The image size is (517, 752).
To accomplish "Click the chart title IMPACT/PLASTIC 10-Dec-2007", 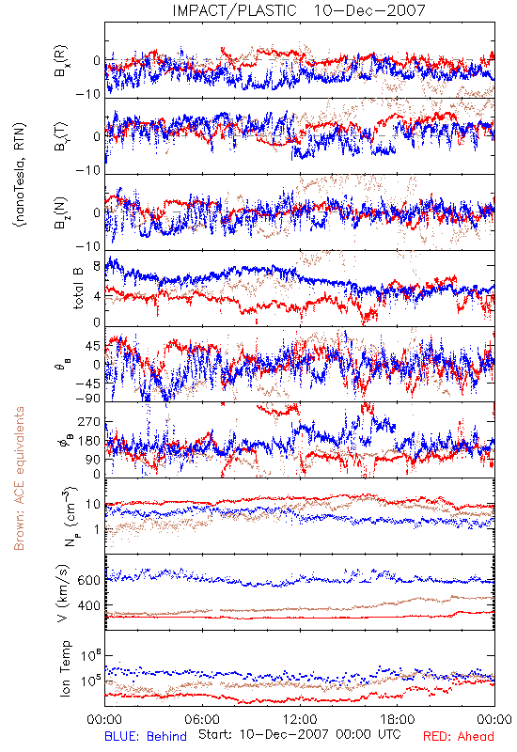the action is pyautogui.click(x=299, y=10).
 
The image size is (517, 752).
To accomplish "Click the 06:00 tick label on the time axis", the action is pyautogui.click(x=202, y=719).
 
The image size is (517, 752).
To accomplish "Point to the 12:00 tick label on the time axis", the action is pyautogui.click(x=300, y=719).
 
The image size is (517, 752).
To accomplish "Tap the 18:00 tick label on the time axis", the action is pyautogui.click(x=398, y=719).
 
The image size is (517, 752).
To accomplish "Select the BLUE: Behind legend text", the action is pyautogui.click(x=146, y=736).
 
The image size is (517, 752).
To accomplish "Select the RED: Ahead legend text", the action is pyautogui.click(x=459, y=736).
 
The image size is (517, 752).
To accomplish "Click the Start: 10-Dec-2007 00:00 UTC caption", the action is pyautogui.click(x=300, y=734).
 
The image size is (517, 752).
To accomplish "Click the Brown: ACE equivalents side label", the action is pyautogui.click(x=19, y=478).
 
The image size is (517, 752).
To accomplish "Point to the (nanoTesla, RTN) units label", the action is pyautogui.click(x=20, y=175).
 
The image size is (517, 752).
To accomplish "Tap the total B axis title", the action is pyautogui.click(x=78, y=289).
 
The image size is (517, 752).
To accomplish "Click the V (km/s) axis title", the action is pyautogui.click(x=63, y=593).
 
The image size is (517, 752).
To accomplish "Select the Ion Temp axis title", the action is pyautogui.click(x=65, y=668).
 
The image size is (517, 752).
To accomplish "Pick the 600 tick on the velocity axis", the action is pyautogui.click(x=88, y=580).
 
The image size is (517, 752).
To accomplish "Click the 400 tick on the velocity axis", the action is pyautogui.click(x=88, y=605).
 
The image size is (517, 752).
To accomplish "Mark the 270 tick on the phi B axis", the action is pyautogui.click(x=88, y=422).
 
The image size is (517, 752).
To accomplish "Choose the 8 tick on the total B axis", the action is pyautogui.click(x=97, y=266).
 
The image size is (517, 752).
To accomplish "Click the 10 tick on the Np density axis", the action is pyautogui.click(x=93, y=505).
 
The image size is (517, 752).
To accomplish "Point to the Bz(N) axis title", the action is pyautogui.click(x=61, y=213).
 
